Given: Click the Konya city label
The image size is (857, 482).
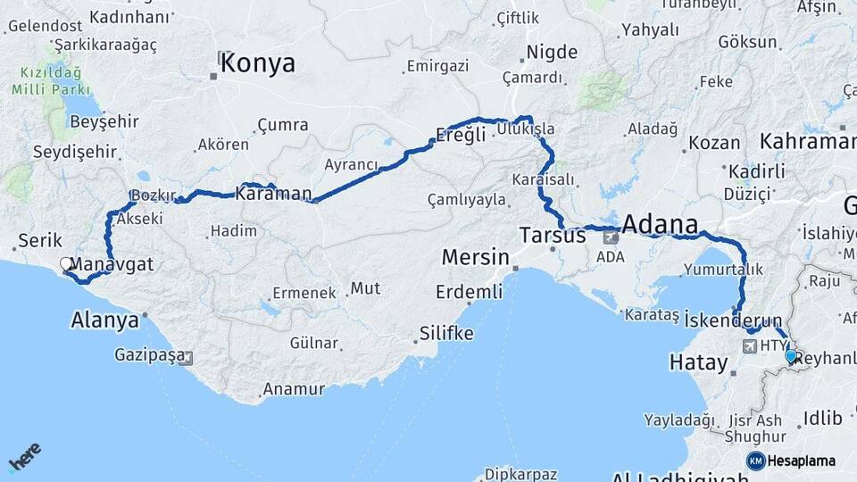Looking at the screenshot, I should [x=257, y=62].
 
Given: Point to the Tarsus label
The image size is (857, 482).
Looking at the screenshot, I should [x=553, y=236].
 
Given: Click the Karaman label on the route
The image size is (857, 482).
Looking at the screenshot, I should [x=273, y=194].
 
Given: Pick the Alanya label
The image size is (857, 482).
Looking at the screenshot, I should [x=105, y=320].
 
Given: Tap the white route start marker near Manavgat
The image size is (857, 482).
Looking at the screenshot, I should [x=66, y=263].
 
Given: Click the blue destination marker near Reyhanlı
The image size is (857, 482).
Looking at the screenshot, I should [x=790, y=356].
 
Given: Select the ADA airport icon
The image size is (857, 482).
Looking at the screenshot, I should [x=611, y=237].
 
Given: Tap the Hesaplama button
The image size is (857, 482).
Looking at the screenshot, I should [x=791, y=461].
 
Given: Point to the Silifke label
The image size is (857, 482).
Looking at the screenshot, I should [x=446, y=333].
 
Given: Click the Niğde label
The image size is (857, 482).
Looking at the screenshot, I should [x=552, y=53].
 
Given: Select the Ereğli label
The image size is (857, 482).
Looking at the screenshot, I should [x=461, y=135].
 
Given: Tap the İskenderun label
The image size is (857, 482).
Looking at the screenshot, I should [x=734, y=319].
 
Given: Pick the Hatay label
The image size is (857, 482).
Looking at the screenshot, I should [x=695, y=362].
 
